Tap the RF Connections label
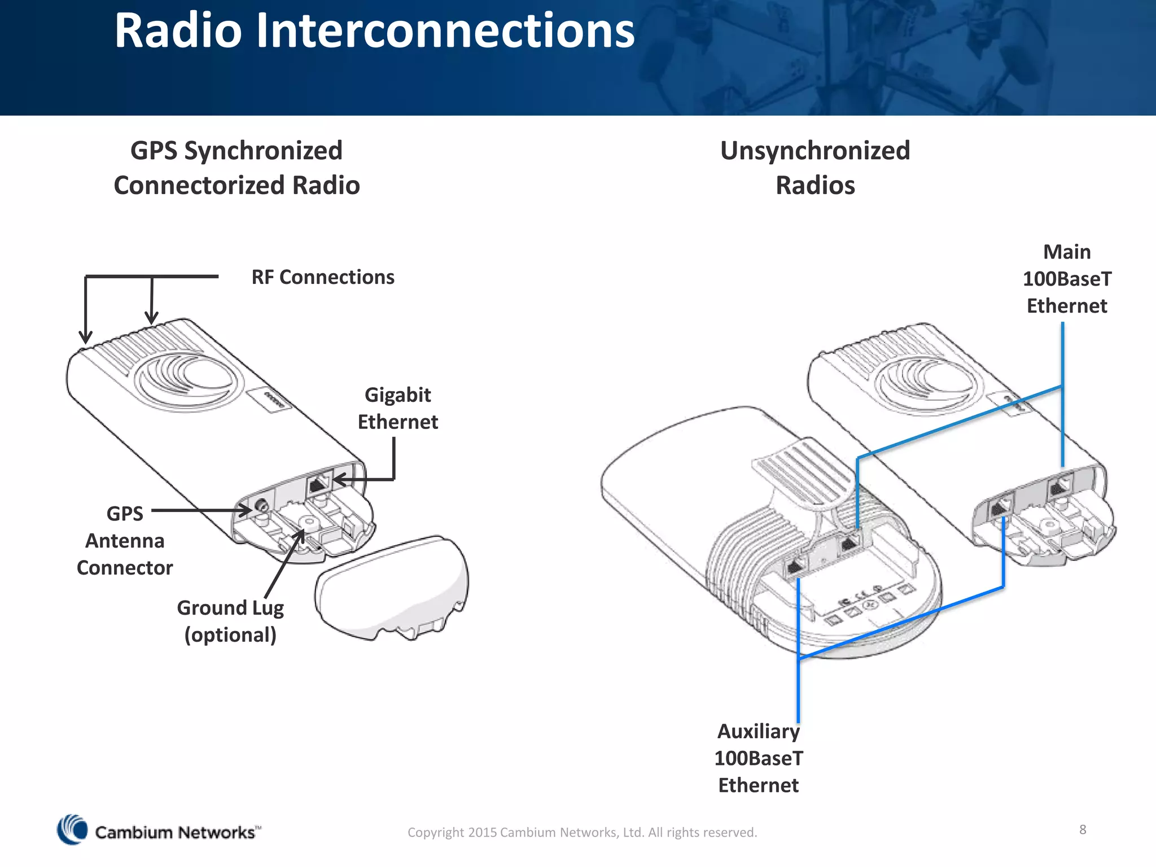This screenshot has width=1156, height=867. point(322,277)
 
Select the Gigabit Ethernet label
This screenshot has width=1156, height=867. point(397,408)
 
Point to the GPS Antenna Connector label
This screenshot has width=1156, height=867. point(125,540)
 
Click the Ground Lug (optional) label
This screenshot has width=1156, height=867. point(230,621)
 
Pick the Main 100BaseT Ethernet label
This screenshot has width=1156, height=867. point(1066,279)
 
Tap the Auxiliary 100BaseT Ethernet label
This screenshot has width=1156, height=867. point(758,757)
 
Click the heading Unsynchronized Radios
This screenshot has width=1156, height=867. point(815,168)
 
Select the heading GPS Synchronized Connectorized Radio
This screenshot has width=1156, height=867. point(237,168)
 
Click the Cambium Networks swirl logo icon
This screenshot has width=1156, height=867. point(72,829)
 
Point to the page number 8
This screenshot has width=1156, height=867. point(1083,829)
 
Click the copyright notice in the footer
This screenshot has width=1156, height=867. point(582,832)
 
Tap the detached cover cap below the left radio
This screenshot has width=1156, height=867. point(392,587)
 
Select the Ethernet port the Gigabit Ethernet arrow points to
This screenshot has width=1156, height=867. point(319,484)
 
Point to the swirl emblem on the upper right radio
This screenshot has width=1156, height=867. point(926,384)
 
